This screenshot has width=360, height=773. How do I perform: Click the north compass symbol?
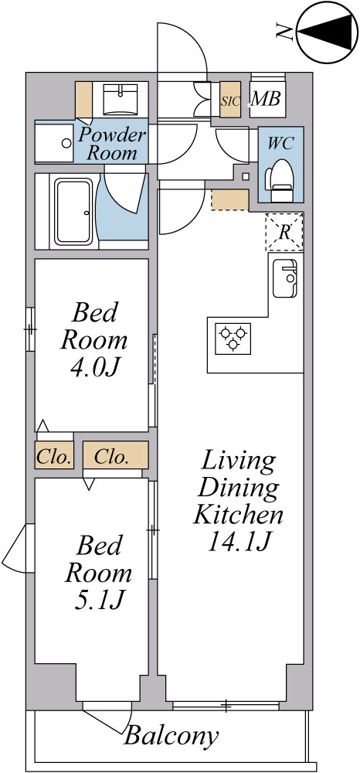coord(327,32)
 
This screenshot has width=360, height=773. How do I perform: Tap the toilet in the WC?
coord(280,180)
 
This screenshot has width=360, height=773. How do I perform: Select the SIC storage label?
coord(230,101)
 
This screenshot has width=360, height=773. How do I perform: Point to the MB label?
coord(266,99)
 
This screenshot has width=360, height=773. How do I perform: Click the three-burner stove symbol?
coord(233,339)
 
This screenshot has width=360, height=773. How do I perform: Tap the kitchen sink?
coord(285,278)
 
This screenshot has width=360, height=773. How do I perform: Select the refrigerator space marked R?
coord(284,232)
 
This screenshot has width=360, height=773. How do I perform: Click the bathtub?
coord(73,212)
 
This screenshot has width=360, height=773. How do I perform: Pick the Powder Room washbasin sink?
coord(121,99)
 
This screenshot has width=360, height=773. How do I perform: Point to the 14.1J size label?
coord(239,541)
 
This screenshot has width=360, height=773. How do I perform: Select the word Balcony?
coord(171,736)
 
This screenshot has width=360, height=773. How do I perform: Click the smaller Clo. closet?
coord(54,455)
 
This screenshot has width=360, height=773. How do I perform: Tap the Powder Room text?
coord(112,144)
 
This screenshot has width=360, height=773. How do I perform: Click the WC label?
coord(280,144)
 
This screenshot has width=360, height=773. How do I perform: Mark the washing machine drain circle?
coord(66,144)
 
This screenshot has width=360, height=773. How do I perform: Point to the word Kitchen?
coord(239,516)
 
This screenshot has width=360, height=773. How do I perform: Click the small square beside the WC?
coord(246,176)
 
